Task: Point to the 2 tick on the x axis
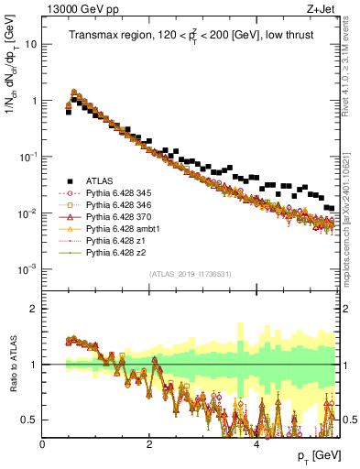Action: click(149, 444)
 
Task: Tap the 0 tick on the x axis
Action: click(43, 444)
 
